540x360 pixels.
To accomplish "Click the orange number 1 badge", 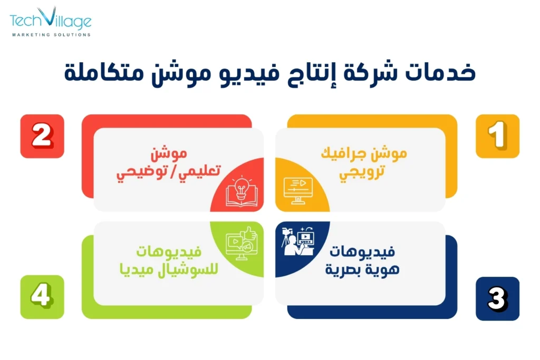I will click(x=497, y=136).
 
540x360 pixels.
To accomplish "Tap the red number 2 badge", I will click(x=42, y=136).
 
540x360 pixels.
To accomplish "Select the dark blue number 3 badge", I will click(x=497, y=299).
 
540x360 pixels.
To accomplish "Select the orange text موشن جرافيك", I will click(x=364, y=154).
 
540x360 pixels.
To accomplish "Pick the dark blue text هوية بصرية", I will click(x=365, y=269).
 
